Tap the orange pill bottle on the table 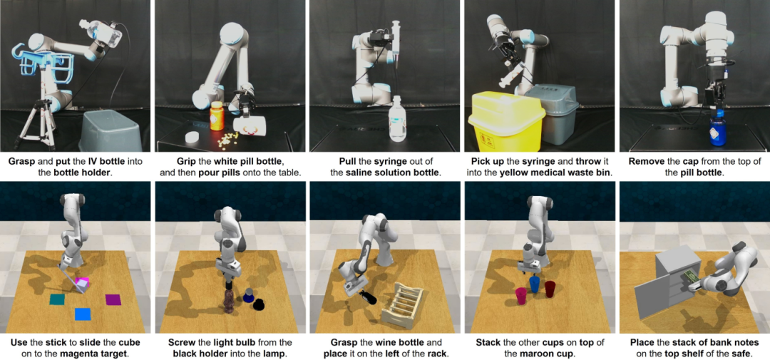click(x=217, y=116)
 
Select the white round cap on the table click(x=191, y=137)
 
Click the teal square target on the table click(x=58, y=299)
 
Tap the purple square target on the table click(x=113, y=299)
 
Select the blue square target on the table click(x=83, y=314)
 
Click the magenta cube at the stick click(x=82, y=282)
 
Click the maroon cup click(x=550, y=289)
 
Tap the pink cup click(x=520, y=296)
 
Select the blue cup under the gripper click(x=534, y=285)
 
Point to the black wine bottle click(x=367, y=296)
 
